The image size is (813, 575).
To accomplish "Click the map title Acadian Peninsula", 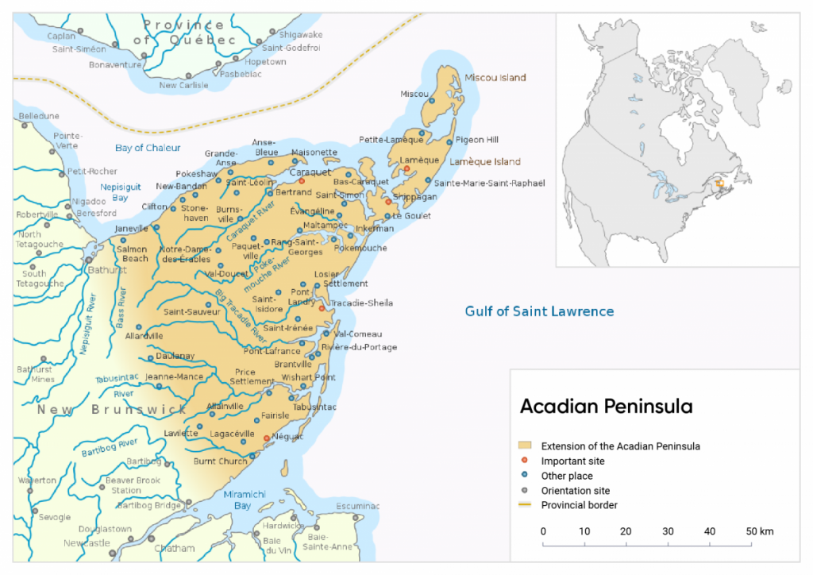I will click(606, 407).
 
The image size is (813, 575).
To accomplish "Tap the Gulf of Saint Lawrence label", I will click(539, 311).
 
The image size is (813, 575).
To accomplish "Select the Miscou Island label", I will click(495, 78).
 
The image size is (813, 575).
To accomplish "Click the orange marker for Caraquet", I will click(302, 182).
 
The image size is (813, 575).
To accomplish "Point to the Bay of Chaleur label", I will click(148, 148).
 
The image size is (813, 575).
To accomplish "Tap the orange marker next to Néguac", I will click(266, 438).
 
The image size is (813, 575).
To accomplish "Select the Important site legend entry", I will click(572, 461).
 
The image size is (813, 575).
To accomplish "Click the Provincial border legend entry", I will click(579, 505).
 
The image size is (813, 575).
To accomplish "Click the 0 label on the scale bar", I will click(543, 531).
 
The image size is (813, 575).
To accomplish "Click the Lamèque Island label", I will click(484, 162).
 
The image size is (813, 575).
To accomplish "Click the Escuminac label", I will click(359, 506).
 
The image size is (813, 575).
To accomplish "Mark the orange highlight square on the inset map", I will click(719, 183).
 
